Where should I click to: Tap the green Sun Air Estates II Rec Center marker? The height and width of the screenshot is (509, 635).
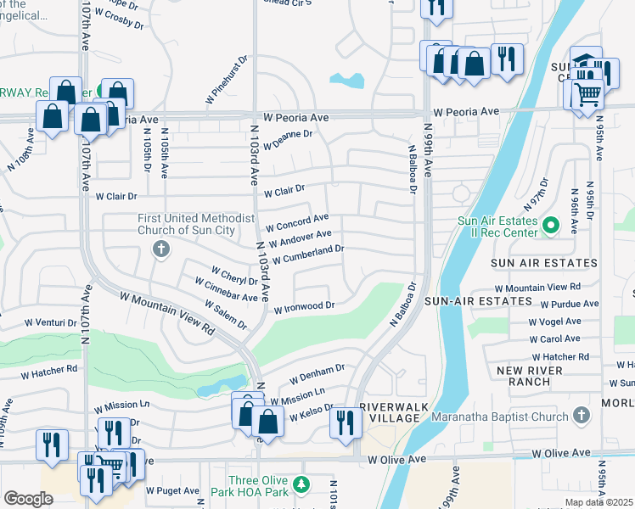pyautogui.click(x=550, y=226)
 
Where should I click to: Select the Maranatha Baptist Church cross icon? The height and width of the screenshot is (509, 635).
pyautogui.click(x=581, y=415)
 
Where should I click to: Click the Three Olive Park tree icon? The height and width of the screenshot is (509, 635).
pyautogui.click(x=299, y=484)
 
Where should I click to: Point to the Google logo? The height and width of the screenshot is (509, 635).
pyautogui.click(x=28, y=499)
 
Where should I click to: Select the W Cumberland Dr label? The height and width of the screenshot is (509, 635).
pyautogui.click(x=307, y=252)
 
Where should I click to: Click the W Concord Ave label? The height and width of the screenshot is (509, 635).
pyautogui.click(x=296, y=223)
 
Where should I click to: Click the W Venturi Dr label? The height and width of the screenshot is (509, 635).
pyautogui.click(x=51, y=322)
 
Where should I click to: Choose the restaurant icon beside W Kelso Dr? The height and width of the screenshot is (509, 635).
pyautogui.click(x=345, y=422)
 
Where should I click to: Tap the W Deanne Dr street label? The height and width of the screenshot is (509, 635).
pyautogui.click(x=287, y=134)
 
